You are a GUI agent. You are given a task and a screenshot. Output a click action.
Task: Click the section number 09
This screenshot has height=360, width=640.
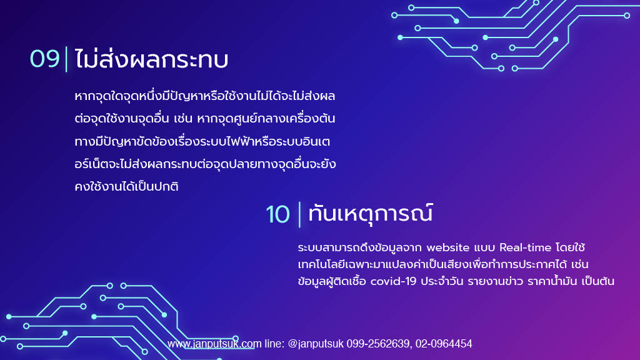coord(45,59)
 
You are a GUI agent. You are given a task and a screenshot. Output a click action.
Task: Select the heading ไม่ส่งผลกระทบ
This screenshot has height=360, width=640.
coord(151,59)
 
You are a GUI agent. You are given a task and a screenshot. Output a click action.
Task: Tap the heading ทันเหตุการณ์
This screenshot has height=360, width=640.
coord(370,214)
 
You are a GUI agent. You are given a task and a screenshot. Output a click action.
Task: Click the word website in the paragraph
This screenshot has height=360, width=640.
coord(447,247)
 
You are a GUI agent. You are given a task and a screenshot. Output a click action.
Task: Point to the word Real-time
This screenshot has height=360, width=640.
coord(525,247)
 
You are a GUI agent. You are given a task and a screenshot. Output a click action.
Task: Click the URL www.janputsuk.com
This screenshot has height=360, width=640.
coord(214,344)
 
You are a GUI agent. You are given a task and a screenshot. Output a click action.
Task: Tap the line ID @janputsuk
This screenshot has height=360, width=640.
coord(316,344)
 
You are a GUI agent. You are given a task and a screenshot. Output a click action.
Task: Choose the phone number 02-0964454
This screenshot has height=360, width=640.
coord(444,344)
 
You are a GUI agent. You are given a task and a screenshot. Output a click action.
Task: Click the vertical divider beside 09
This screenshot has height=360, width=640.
coord(66,59)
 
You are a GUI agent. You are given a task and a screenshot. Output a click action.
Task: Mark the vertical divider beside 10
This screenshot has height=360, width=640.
coord(299,214)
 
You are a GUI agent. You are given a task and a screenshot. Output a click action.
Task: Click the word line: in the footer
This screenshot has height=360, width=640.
coord(274,344)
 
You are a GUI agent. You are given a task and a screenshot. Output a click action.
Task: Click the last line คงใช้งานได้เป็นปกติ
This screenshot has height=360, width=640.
coord(126,187)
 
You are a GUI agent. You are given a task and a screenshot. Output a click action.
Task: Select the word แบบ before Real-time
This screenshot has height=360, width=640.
coord(484,247)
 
